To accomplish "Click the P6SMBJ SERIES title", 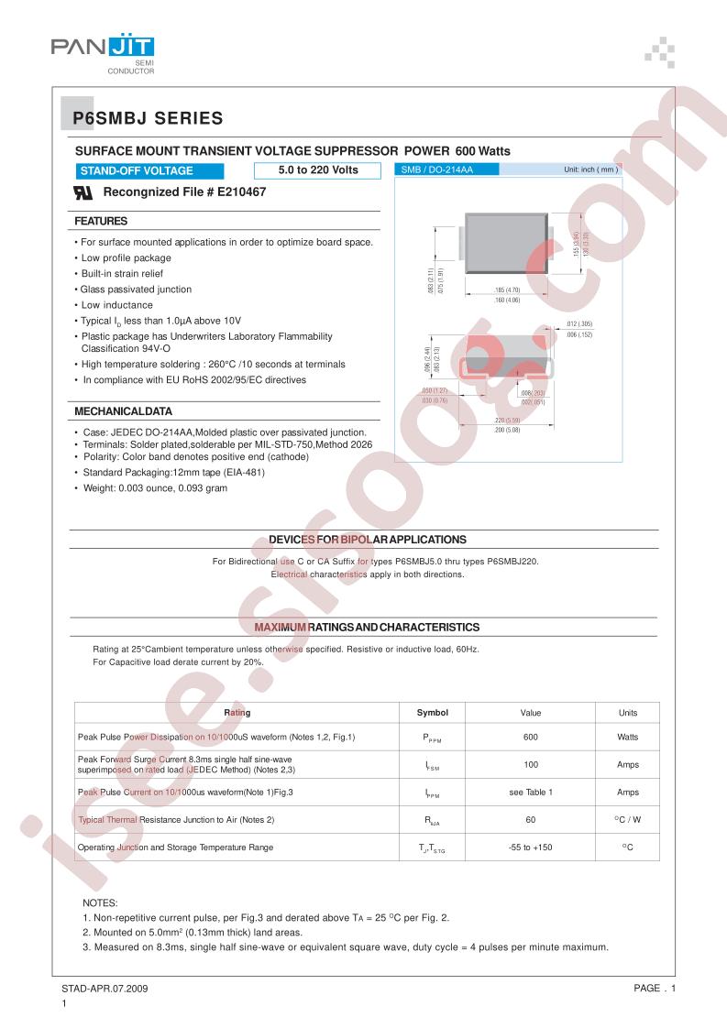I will (148, 117).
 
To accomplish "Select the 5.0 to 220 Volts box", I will (317, 170).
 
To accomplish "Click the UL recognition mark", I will (83, 192).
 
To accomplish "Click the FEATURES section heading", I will (101, 221).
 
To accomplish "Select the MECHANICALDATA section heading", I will (123, 411).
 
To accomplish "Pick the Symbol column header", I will (432, 712).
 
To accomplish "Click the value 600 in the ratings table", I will (530, 737).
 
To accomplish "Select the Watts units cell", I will (628, 737).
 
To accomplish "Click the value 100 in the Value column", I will (530, 764).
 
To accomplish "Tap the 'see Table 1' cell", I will (531, 792).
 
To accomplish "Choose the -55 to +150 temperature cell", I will (530, 848).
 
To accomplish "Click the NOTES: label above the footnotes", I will (100, 902).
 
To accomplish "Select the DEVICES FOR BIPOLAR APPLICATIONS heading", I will (367, 540).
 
